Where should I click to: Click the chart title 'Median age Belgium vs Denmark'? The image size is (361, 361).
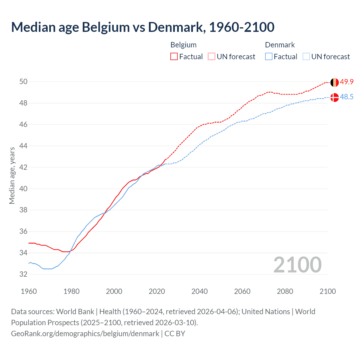(142, 27)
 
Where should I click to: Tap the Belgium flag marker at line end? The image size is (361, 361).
(334, 82)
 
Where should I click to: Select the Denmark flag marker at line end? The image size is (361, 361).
(334, 97)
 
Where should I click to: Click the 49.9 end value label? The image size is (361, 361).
(347, 82)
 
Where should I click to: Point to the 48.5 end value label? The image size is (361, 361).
(347, 97)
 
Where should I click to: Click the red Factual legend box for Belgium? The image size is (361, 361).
(174, 57)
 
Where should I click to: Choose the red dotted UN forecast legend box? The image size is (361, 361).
(212, 57)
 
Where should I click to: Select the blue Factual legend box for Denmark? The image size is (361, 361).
(269, 57)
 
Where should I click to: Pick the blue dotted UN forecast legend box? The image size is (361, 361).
(306, 57)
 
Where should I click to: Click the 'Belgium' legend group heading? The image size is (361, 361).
(183, 45)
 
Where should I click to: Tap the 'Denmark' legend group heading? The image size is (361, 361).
(280, 45)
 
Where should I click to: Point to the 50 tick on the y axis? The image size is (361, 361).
(23, 82)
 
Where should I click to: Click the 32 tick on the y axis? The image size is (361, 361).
(23, 274)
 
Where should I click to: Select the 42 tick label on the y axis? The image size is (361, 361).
(23, 167)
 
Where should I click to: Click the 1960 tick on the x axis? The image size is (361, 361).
(29, 291)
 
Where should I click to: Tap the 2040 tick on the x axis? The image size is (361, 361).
(199, 291)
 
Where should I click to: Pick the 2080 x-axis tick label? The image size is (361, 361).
(285, 291)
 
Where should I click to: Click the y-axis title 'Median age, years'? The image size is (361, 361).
(12, 175)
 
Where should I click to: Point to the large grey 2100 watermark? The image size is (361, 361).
(297, 265)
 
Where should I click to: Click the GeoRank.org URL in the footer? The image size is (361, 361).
(85, 334)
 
